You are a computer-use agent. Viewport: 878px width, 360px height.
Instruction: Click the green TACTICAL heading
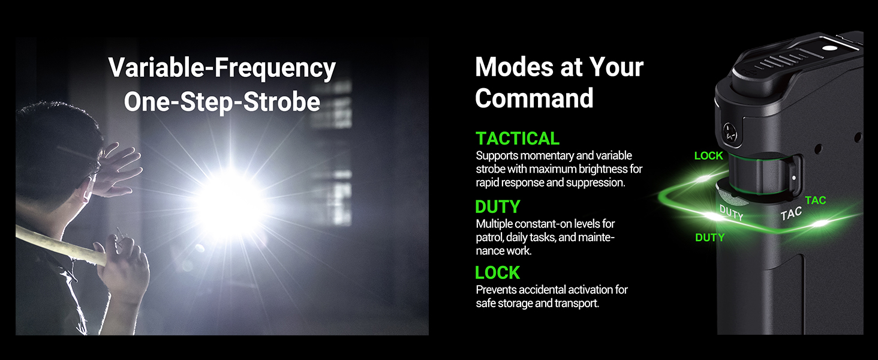pyautogui.click(x=518, y=139)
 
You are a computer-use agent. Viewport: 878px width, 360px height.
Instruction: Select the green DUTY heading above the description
pyautogui.click(x=497, y=206)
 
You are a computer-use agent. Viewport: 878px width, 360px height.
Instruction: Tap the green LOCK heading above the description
pyautogui.click(x=497, y=272)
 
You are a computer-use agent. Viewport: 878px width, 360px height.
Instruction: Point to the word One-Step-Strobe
pyautogui.click(x=222, y=102)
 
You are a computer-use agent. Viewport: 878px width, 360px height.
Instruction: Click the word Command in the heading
pyautogui.click(x=534, y=98)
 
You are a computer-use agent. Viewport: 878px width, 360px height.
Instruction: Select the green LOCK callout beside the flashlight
pyautogui.click(x=708, y=155)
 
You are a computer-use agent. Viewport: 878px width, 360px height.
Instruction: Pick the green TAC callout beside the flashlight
pyautogui.click(x=815, y=200)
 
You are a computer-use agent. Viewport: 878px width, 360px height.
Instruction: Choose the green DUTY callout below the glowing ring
pyautogui.click(x=709, y=237)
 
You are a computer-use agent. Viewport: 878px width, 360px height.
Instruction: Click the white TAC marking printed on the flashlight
pyautogui.click(x=791, y=214)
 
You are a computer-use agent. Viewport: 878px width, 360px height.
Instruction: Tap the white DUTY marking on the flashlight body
pyautogui.click(x=732, y=213)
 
